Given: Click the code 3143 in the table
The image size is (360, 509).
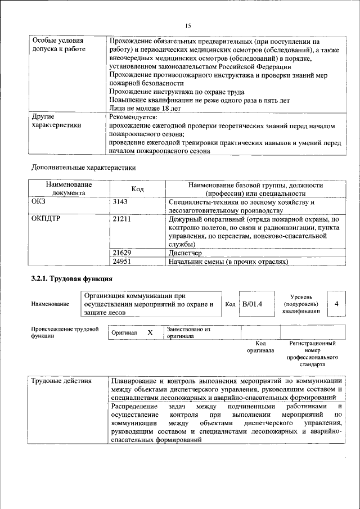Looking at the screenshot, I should (x=121, y=201).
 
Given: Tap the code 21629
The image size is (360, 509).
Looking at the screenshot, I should (x=122, y=253).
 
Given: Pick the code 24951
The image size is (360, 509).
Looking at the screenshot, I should (x=122, y=262).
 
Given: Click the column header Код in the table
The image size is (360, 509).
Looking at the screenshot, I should (x=138, y=189).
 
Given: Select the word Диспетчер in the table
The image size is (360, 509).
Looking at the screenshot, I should (x=186, y=253).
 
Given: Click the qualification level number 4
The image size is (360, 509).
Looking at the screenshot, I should (x=336, y=304).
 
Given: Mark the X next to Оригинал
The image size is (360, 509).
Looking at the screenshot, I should (x=150, y=332).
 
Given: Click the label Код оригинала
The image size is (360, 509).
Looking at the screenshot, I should (x=260, y=346).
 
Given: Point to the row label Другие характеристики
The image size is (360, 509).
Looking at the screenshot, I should (x=57, y=121).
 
